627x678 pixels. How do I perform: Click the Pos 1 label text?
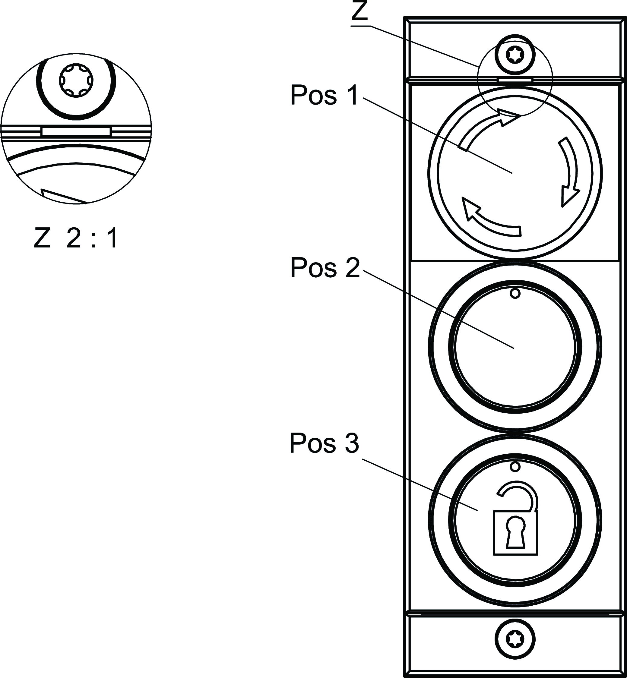point(324,95)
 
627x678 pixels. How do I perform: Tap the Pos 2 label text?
point(325,268)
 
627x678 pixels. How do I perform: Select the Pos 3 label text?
point(324,443)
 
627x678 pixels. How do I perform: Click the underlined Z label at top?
point(359,12)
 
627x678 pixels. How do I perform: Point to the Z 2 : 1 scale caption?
point(76,238)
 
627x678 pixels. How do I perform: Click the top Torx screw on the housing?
point(515,55)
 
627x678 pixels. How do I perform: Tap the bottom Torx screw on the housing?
point(515,640)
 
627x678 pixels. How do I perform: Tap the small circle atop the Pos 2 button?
point(515,293)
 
